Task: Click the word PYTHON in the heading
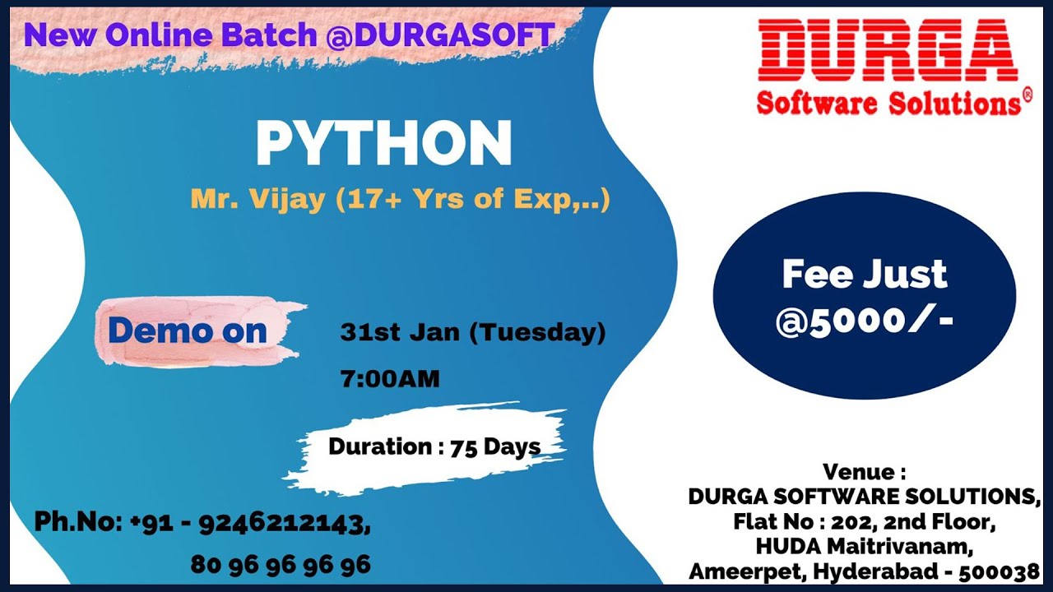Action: [383, 143]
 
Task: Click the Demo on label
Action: [188, 331]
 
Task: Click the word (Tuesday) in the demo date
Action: [541, 333]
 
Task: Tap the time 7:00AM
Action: [389, 379]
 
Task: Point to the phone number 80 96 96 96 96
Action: [281, 565]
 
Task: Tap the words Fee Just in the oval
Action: [865, 275]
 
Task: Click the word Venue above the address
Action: [859, 473]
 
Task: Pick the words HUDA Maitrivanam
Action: [865, 545]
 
